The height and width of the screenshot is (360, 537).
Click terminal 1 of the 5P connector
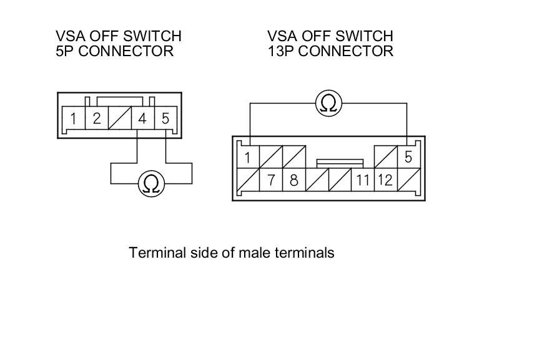[74, 118]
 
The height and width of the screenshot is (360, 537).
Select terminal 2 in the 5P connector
[97, 118]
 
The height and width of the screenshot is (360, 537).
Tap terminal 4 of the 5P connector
[142, 118]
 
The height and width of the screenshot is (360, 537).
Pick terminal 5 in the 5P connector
[165, 118]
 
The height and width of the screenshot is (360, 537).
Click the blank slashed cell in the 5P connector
[120, 118]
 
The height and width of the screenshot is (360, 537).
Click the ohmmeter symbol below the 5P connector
[150, 183]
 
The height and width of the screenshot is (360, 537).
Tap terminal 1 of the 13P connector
[248, 157]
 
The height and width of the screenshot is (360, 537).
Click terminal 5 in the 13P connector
[408, 157]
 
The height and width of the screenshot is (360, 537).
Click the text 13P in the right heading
[281, 51]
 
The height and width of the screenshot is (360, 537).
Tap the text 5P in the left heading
[65, 51]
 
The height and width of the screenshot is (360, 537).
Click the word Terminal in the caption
[154, 253]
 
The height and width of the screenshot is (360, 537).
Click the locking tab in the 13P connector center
[340, 162]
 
